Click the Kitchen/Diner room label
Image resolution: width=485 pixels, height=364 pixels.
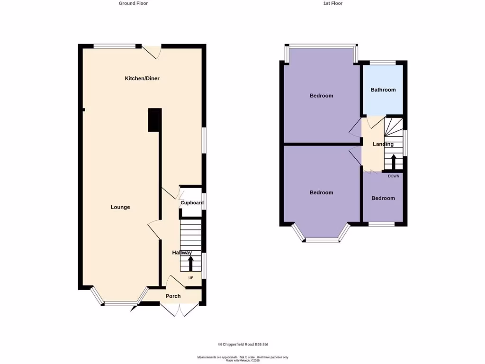coord(142,78)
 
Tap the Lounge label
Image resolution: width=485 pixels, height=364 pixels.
coord(120,207)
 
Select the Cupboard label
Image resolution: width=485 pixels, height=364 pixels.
coord(192,203)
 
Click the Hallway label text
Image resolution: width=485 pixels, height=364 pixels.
coord(182,253)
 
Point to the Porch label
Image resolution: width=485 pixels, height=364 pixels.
coord(173,296)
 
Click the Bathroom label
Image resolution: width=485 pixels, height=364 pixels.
coord(383,90)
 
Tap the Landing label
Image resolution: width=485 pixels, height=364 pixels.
coord(383,144)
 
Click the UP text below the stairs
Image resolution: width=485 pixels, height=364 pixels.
coord(191,278)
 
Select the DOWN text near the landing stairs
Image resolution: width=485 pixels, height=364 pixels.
coord(393,176)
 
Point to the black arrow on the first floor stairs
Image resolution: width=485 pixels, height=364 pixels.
coord(393,160)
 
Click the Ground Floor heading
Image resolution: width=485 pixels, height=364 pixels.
coord(133,3)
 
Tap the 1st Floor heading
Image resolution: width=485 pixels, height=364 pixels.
coord(332,3)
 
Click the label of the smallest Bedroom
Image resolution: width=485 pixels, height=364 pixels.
coord(383,198)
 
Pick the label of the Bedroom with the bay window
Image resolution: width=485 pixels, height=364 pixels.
coord(321,192)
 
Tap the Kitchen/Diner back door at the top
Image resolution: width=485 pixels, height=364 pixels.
coord(153,51)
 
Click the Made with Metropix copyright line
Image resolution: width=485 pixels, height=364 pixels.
coord(242,360)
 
